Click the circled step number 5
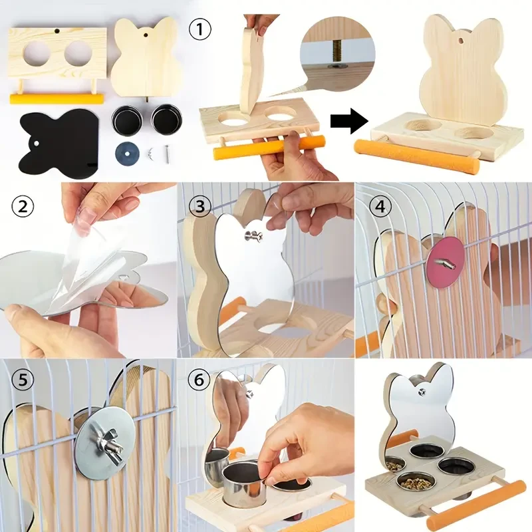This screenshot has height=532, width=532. click(22, 380)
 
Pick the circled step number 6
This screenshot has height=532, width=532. click(198, 380)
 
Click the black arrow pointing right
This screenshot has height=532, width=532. click(350, 121)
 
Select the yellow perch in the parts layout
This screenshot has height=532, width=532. click(57, 98)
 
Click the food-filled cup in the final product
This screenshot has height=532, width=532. click(406, 480)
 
